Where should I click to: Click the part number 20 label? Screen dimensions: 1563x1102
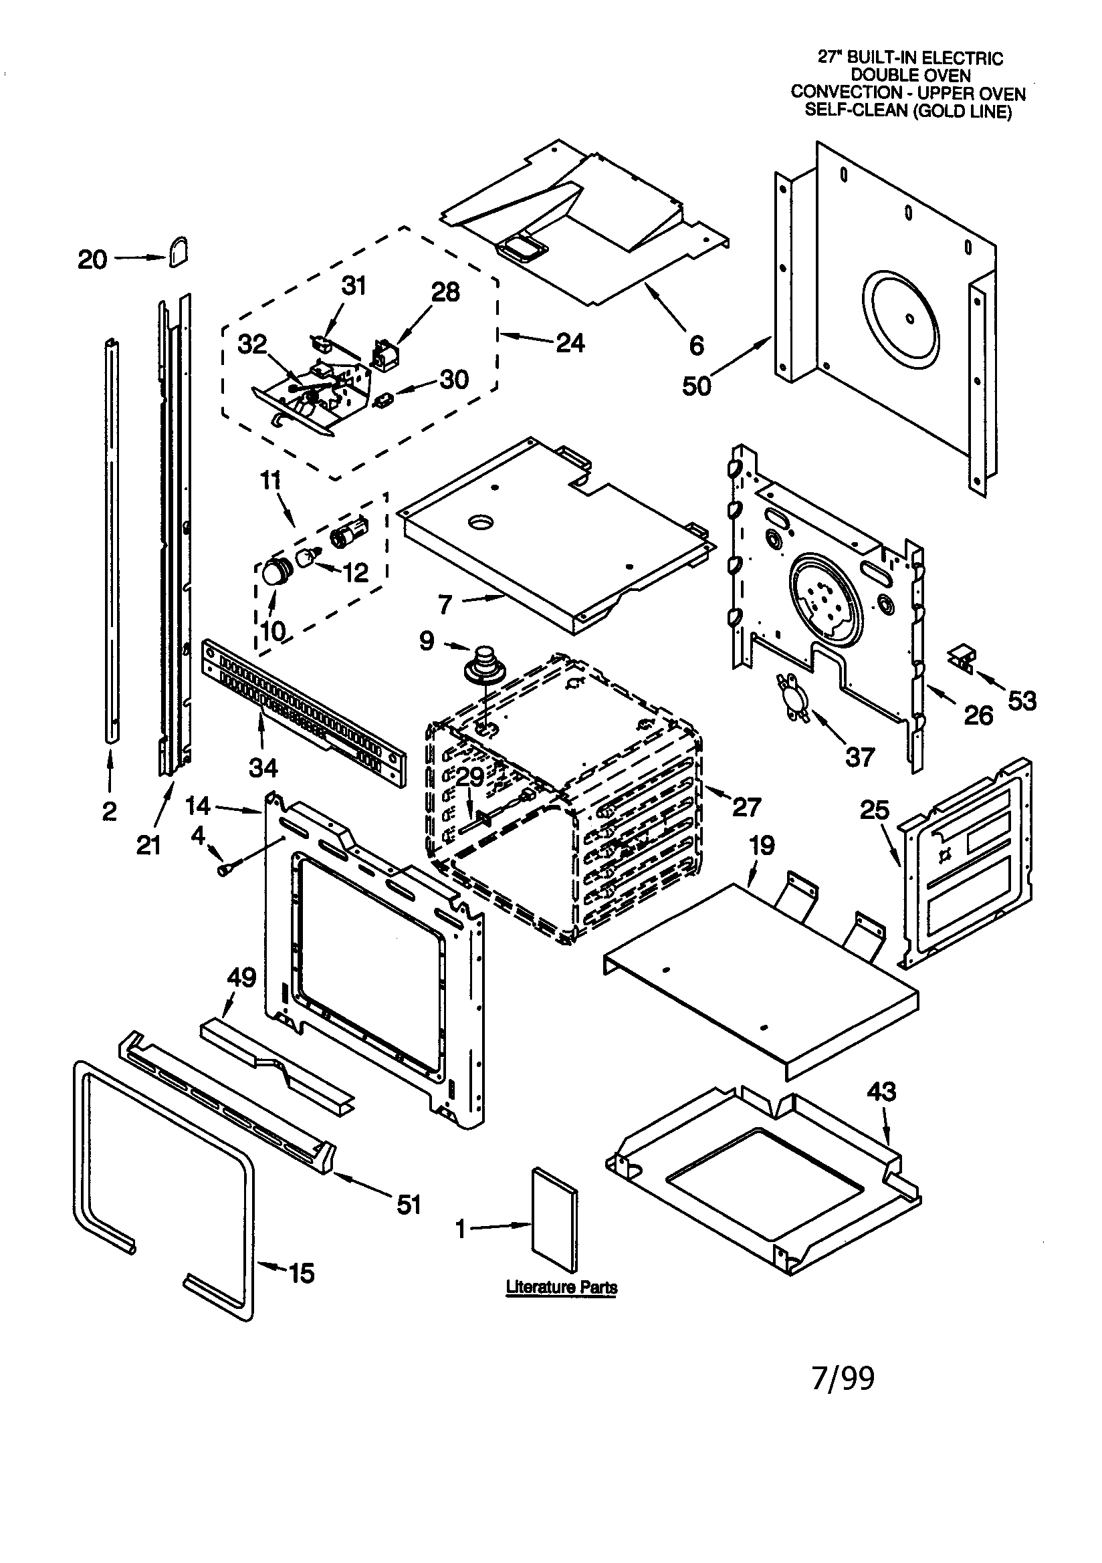pos(92,260)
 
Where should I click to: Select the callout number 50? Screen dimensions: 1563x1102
pos(696,385)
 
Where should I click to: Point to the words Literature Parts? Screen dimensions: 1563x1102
pos(561,1288)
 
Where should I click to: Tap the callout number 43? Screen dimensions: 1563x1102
pos(881,1092)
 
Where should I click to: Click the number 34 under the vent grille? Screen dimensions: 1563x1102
pos(263,768)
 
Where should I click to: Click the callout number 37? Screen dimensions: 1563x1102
pos(859,756)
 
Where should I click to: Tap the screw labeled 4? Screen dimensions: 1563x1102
pos(224,870)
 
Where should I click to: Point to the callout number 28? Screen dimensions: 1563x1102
pos(445,292)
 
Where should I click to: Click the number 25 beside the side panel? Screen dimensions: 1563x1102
pos(875,810)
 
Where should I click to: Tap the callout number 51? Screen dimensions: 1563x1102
pos(409,1205)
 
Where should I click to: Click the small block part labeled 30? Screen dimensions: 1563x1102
pos(382,400)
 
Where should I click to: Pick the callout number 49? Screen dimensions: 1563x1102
pos(241,977)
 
